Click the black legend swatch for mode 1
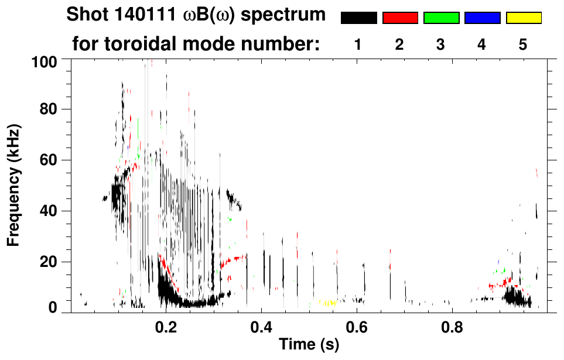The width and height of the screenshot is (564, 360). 358,18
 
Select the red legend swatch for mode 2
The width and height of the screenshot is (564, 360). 400,18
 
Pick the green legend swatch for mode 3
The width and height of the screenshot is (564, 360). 441,18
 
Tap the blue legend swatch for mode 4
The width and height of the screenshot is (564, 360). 482,18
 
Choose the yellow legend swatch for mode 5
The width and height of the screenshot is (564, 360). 524,18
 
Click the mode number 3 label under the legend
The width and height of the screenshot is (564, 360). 440,44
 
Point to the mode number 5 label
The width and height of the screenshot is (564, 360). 523,44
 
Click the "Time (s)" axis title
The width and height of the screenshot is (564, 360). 308,345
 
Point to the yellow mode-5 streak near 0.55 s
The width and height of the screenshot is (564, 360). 327,303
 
